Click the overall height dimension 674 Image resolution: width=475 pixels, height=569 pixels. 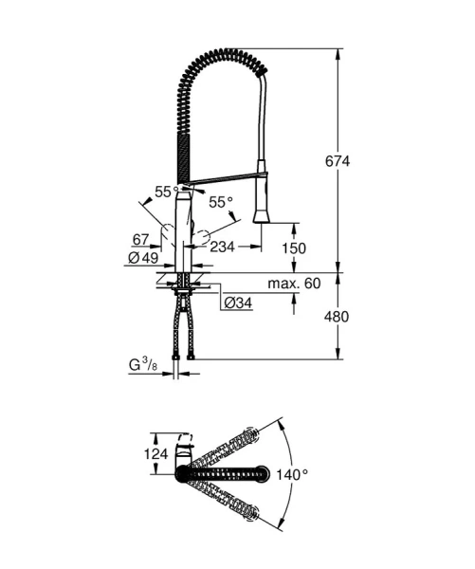(x=361, y=161)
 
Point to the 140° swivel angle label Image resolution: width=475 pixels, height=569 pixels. (x=294, y=473)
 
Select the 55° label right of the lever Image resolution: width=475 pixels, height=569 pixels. (x=220, y=202)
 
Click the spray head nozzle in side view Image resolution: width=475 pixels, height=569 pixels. (x=263, y=210)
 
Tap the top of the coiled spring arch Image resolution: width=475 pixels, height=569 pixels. (x=223, y=55)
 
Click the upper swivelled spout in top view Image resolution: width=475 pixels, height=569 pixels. (x=228, y=446)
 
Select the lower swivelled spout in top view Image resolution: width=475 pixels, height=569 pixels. (x=228, y=499)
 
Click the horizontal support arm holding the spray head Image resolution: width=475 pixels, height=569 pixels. (x=222, y=178)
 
